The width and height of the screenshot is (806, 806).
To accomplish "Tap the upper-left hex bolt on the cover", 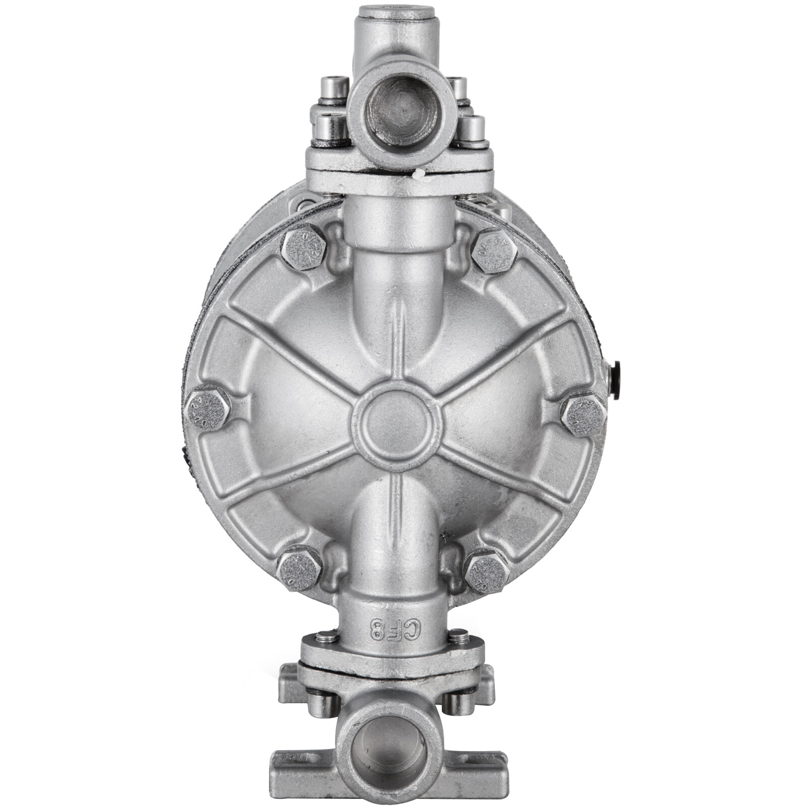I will pos(303,250).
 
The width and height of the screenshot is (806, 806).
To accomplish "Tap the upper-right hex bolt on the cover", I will pos(494,250).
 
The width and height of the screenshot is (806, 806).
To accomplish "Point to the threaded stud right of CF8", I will pos(457,636).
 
